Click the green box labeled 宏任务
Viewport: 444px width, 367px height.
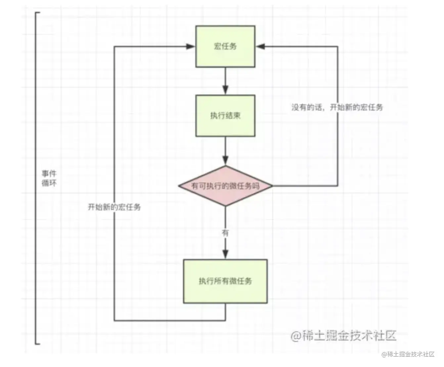(225, 46)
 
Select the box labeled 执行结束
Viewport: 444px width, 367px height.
(225, 116)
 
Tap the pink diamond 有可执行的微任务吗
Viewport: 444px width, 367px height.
(225, 186)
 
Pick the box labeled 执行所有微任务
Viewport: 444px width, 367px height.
(225, 281)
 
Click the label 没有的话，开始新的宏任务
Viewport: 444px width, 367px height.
(337, 107)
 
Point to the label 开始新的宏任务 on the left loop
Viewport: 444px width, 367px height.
(114, 207)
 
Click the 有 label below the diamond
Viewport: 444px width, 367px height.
(225, 233)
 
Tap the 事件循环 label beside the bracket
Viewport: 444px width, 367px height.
(49, 178)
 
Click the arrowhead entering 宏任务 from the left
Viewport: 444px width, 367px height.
(191, 46)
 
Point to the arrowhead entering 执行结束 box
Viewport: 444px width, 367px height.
(225, 90)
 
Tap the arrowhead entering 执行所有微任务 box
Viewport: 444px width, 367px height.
(225, 254)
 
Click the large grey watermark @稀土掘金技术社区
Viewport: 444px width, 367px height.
(343, 336)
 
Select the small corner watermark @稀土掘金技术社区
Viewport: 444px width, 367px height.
(408, 354)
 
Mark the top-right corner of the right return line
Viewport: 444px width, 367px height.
(337, 46)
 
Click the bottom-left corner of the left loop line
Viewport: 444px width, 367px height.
(114, 320)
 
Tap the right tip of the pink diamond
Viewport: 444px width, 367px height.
(272, 186)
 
